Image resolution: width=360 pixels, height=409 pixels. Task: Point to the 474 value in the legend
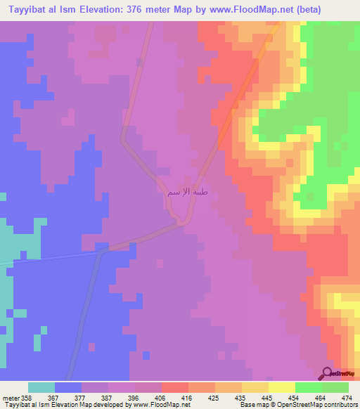[347, 396]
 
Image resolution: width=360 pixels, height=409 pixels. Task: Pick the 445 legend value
[267, 396]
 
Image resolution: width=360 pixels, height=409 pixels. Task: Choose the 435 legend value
[240, 396]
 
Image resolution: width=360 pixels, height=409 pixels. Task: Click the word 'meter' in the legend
[10, 396]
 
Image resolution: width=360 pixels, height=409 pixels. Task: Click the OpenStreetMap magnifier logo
[327, 373]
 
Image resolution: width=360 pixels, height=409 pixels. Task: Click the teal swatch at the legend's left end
[41, 387]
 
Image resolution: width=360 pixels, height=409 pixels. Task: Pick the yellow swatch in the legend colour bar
[281, 387]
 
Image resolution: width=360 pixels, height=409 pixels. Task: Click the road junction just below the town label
[181, 223]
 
